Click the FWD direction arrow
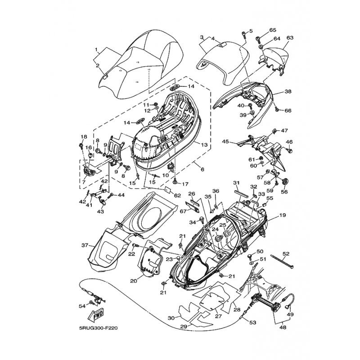95,314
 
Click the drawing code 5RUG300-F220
98,328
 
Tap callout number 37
85,245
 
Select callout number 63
290,37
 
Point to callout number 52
286,254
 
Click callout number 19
283,215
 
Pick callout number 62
177,196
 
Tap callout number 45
225,141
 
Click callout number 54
82,306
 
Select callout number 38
288,91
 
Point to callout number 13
204,145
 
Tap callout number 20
134,280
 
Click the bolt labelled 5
243,35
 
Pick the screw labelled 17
175,182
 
